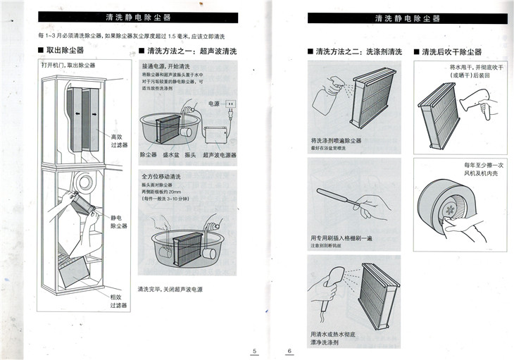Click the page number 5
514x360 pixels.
click(x=255, y=351)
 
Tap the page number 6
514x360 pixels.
click(x=289, y=351)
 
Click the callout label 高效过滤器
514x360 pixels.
click(x=119, y=140)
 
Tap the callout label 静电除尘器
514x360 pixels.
click(x=118, y=222)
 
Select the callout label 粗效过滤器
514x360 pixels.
click(x=118, y=302)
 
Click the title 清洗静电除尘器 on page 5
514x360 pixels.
click(x=146, y=17)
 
